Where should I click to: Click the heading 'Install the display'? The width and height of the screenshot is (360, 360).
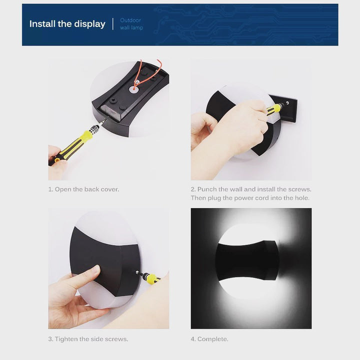click(x=67, y=24)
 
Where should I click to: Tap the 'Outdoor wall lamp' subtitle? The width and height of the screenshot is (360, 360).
click(x=131, y=24)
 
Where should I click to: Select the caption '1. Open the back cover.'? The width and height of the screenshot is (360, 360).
click(x=83, y=189)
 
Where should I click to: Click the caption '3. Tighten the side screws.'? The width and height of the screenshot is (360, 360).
click(x=88, y=339)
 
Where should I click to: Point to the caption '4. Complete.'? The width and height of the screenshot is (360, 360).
click(x=209, y=339)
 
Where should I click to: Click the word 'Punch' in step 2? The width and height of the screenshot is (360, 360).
click(x=207, y=189)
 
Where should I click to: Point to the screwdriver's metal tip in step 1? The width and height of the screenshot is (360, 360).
click(x=103, y=121)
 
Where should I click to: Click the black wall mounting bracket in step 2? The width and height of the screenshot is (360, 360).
click(x=284, y=108)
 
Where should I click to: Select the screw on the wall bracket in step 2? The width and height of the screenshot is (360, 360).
click(x=287, y=102)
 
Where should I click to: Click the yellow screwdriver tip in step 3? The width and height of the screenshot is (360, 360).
click(x=138, y=272)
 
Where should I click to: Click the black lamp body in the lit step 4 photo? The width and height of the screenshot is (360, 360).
click(x=247, y=260)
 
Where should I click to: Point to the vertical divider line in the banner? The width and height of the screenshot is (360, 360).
click(x=112, y=24)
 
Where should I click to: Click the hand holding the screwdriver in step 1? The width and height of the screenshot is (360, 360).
click(x=56, y=162)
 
